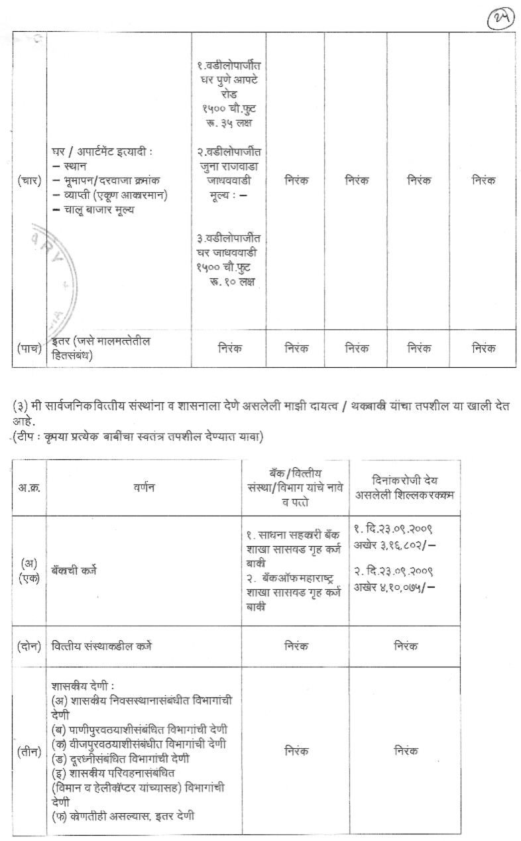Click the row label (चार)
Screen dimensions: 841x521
point(29,180)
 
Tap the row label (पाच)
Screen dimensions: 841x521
point(29,348)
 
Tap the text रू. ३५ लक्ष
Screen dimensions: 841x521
point(225,123)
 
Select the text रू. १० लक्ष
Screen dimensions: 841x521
point(229,282)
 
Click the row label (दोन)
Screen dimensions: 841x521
point(29,645)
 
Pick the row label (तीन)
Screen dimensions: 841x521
point(29,751)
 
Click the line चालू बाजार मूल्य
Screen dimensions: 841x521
point(96,210)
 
